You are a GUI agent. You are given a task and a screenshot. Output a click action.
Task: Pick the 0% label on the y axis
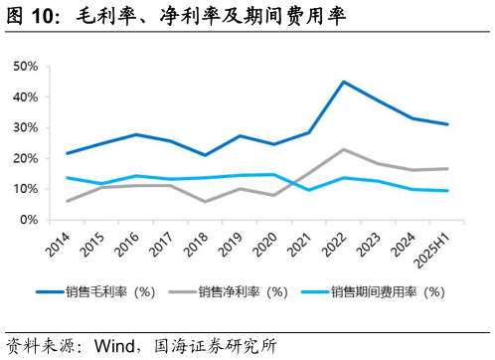[28, 220]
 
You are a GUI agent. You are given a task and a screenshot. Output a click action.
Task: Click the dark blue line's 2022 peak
[343, 82]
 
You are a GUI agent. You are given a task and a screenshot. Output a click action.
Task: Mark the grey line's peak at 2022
[343, 149]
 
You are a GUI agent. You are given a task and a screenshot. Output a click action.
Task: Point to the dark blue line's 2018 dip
[205, 155]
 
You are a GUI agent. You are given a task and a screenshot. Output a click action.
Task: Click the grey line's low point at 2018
[205, 202]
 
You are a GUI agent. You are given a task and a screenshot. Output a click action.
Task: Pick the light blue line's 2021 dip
[309, 190]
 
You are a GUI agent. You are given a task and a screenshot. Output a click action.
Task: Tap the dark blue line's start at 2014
[67, 153]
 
